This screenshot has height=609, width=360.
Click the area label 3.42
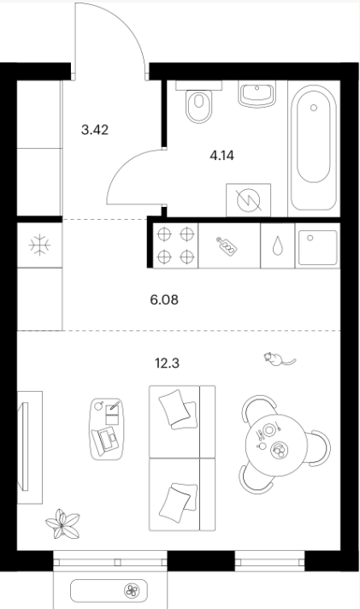[x=95, y=130]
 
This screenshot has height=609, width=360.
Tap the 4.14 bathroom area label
[x=221, y=156]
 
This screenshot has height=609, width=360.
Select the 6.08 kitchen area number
[x=164, y=300]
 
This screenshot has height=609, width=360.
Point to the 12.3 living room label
[x=167, y=364]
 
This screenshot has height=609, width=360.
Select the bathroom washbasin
[x=257, y=94]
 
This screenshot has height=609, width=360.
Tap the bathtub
[x=314, y=148]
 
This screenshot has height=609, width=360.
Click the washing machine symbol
[x=248, y=200]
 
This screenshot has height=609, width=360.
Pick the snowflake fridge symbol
[x=40, y=245]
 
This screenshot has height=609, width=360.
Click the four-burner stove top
[x=175, y=245]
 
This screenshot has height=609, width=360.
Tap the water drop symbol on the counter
[x=277, y=246]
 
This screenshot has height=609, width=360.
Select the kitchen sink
[x=317, y=248]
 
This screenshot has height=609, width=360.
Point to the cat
[x=279, y=359]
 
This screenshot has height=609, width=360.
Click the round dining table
[x=276, y=445]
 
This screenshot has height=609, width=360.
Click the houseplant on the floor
[x=62, y=524]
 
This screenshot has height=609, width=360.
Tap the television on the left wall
[x=26, y=447]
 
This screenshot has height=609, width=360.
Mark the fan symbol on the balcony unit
[x=132, y=591]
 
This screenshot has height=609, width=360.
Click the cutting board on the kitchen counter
[x=227, y=245]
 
